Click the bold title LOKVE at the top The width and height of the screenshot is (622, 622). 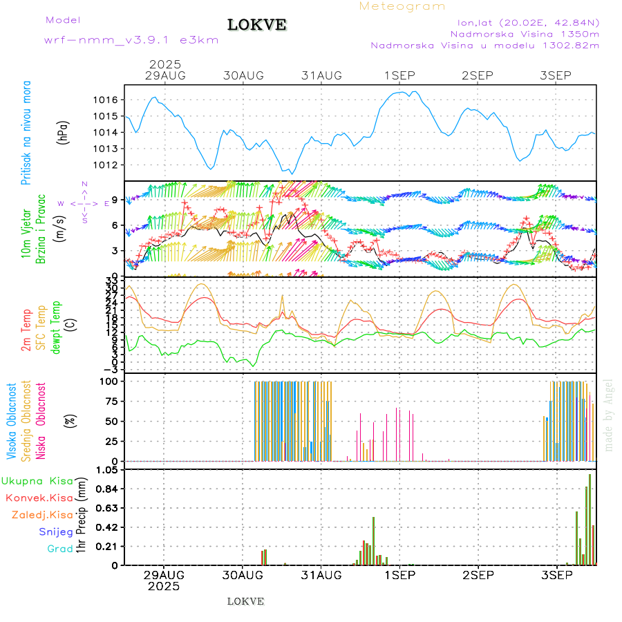pos(257,26)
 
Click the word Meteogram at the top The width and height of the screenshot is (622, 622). pos(402,6)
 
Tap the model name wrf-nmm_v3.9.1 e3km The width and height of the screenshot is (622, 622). pos(131,40)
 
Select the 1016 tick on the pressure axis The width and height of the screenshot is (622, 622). pos(105,100)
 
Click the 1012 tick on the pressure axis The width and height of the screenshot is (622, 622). pos(105,165)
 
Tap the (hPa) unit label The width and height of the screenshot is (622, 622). pos(63,133)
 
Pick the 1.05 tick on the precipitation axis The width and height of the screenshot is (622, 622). pos(106,470)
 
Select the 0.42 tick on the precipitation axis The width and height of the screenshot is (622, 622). pos(106,527)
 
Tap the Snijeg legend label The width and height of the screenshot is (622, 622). pos(55,532)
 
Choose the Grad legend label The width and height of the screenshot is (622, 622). pos(59,549)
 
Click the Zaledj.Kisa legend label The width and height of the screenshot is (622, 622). pos(42,515)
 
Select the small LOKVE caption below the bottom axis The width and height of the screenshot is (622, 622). pos(245,601)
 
